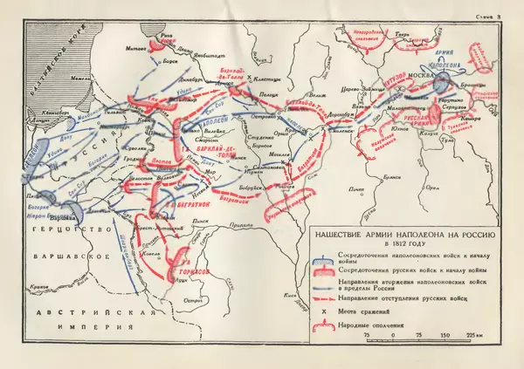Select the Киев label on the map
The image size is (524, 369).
click(298, 284)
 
